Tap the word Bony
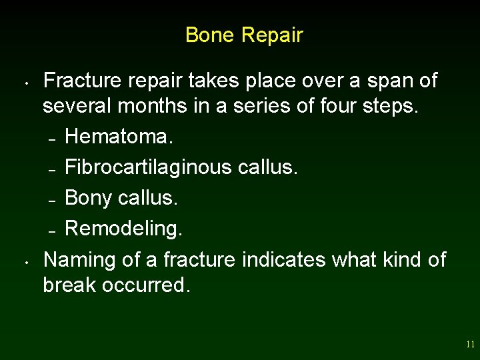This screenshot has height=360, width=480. [88, 198]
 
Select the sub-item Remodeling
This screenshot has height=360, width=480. [123, 229]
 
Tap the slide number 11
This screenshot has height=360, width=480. [471, 345]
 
